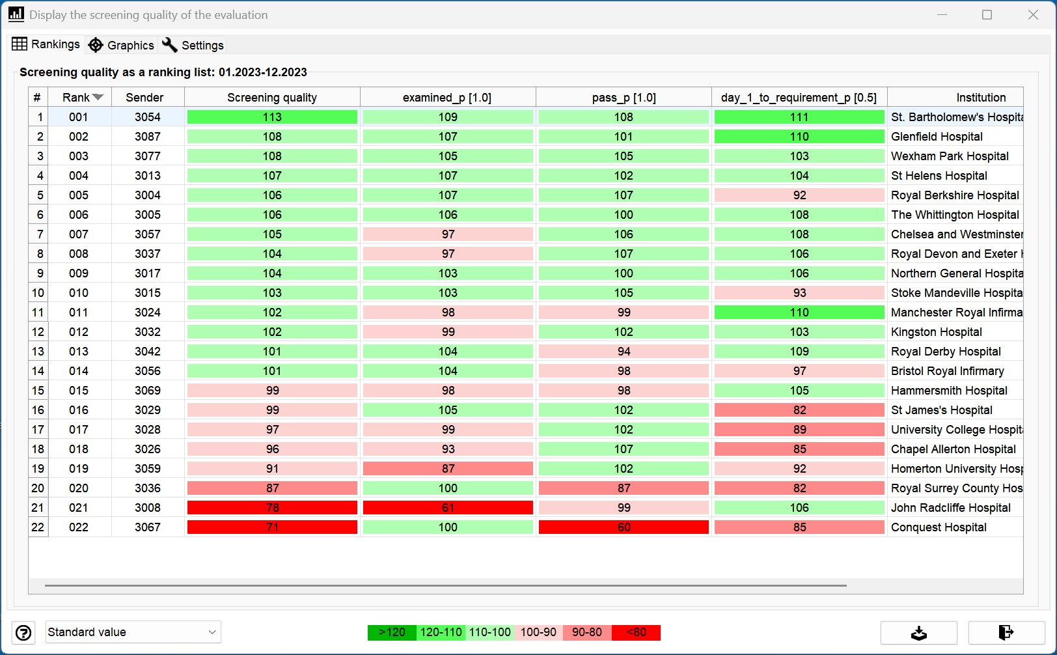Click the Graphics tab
121,46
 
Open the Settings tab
193,46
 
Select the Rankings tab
46,44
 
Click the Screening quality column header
272,98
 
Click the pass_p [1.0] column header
624,98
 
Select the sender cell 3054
148,117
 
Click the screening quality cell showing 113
272,117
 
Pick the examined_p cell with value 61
448,508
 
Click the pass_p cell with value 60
624,527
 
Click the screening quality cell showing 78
272,508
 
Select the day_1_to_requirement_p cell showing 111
799,117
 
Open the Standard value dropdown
133,632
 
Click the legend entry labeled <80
636,632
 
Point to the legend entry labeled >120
392,632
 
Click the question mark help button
23,633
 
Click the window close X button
1033,14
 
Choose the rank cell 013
78,352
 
